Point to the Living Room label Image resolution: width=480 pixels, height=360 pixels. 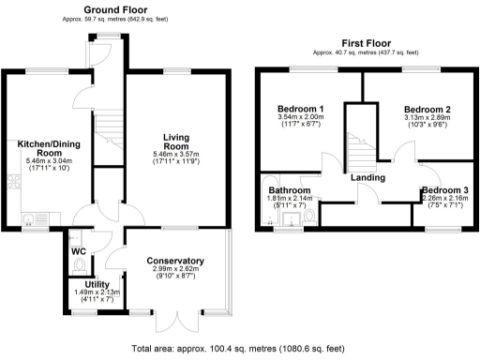tap(176, 141)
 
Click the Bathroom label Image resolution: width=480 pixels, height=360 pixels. tap(291, 190)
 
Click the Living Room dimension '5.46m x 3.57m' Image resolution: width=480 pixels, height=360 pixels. tap(176, 155)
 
